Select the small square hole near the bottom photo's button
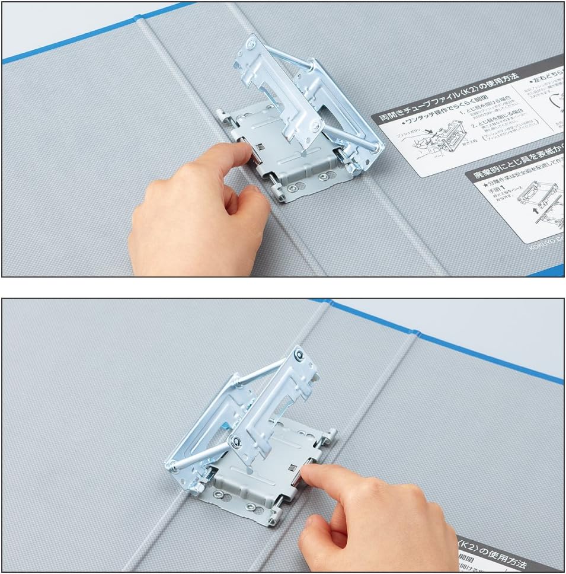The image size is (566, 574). point(294,470)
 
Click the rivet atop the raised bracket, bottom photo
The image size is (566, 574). point(300,356)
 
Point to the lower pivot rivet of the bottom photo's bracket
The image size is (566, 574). point(236,441)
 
